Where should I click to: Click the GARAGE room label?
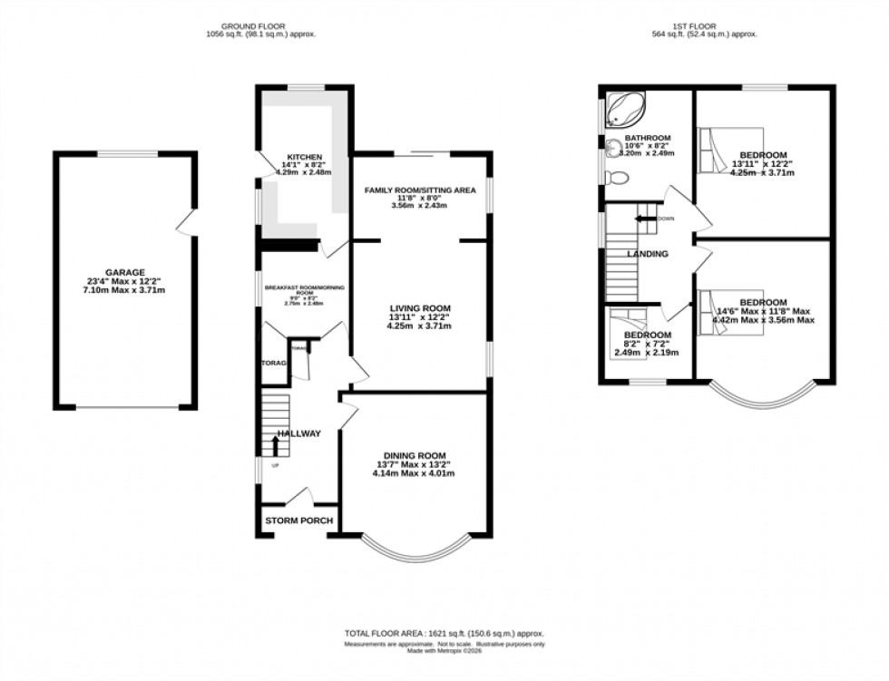124,271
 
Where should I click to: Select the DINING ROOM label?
415,454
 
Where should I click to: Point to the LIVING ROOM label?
420,307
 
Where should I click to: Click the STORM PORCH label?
298,521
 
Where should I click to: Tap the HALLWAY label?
299,433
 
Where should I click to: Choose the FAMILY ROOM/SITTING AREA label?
420,190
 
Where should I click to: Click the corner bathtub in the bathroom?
622,108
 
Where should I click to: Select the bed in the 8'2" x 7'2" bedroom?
627,317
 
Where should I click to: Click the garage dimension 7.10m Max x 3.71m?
124,290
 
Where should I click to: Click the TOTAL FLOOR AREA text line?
444,633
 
